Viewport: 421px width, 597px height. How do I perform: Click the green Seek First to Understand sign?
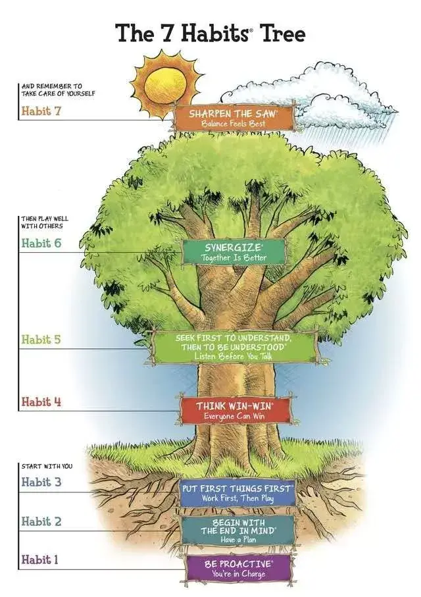tap(234, 346)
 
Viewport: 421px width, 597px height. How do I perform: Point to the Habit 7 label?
tap(41, 111)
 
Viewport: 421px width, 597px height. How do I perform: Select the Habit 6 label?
tap(41, 243)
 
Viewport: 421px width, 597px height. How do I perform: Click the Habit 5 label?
tap(41, 340)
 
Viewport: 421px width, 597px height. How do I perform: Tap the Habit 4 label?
tap(41, 401)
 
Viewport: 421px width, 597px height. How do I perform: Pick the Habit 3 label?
tap(41, 482)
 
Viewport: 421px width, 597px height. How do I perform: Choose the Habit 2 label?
tap(41, 521)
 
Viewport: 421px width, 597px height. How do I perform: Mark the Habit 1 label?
tap(40, 560)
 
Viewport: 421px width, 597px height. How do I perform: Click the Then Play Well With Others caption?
tap(45, 222)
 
